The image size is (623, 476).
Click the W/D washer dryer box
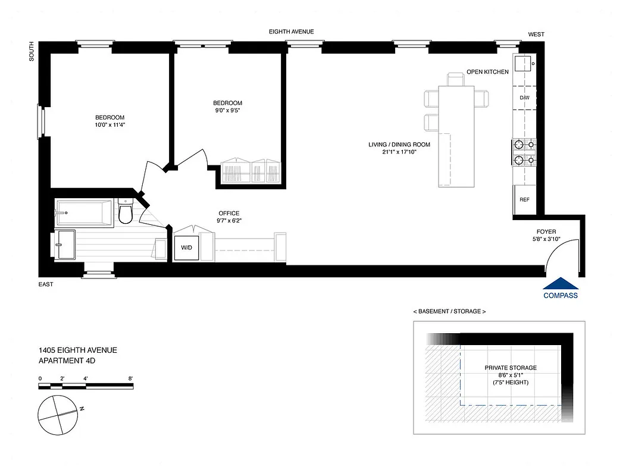[187, 248]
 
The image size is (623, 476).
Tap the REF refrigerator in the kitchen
[524, 200]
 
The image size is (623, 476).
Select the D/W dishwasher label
[524, 98]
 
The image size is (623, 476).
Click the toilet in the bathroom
[126, 212]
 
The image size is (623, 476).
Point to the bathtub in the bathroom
[84, 212]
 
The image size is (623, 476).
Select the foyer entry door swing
[561, 253]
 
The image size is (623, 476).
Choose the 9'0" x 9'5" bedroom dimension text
[228, 110]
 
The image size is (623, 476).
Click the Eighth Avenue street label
[291, 32]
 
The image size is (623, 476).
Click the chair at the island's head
[456, 79]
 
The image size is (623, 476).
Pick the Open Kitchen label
[487, 72]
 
